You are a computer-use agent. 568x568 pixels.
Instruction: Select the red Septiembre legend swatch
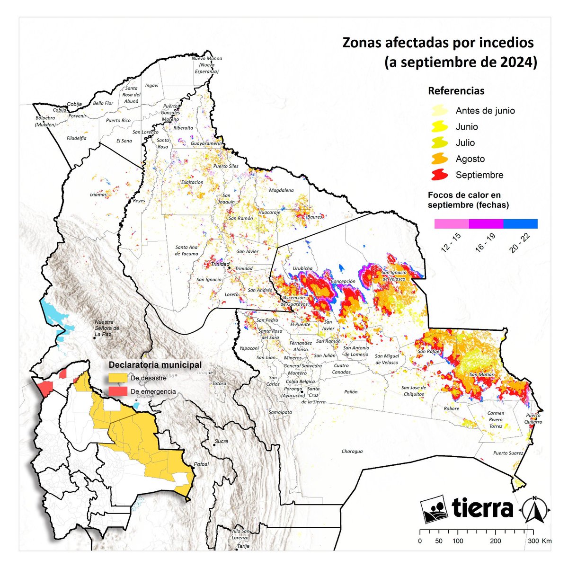[x=440, y=175]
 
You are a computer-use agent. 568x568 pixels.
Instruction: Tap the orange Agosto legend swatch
[x=440, y=159]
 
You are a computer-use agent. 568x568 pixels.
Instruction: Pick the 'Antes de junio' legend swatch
[x=440, y=111]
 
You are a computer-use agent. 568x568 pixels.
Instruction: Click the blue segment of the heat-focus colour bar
[x=520, y=224]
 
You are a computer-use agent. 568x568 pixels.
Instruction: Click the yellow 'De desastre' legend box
[x=118, y=378]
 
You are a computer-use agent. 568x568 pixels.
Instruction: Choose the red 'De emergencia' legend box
[x=118, y=391]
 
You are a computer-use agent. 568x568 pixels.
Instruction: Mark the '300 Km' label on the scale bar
[x=539, y=541]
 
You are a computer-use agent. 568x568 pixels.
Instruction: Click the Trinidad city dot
[x=230, y=267]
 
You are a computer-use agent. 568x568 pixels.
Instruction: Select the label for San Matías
[x=481, y=374]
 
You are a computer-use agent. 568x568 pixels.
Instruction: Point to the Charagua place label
[x=352, y=451]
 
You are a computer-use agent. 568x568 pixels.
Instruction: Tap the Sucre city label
[x=221, y=441]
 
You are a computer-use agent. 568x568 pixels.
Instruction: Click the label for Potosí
[x=201, y=464]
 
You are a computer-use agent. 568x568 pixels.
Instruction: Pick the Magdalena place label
[x=281, y=190]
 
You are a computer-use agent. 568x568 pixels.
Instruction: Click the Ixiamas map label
[x=98, y=194]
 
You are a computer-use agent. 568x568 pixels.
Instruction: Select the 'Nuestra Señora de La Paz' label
[x=107, y=328]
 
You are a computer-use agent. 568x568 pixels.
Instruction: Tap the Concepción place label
[x=343, y=281]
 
